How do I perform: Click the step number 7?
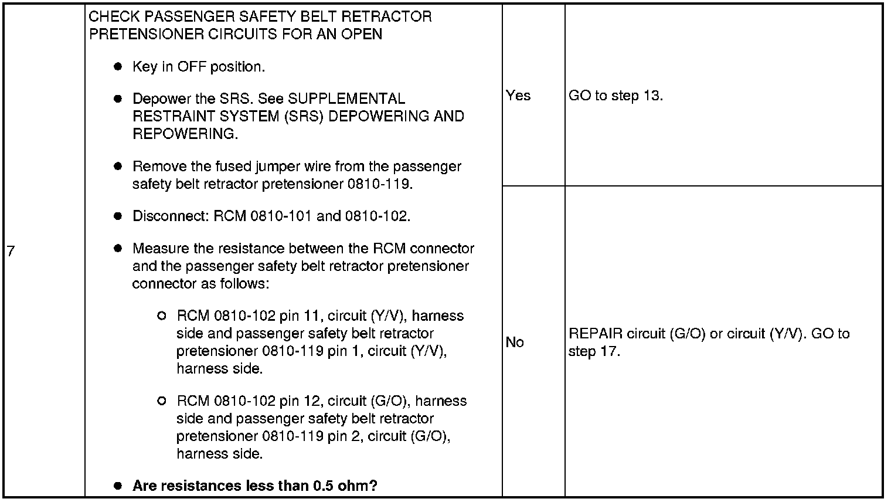[11, 252]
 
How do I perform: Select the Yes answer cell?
[518, 96]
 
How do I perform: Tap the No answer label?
[515, 342]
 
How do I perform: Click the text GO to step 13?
[615, 96]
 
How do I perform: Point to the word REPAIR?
[596, 334]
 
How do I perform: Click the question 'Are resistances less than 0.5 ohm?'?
[254, 486]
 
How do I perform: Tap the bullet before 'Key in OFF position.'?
[118, 67]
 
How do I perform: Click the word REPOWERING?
[185, 134]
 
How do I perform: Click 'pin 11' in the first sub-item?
[301, 316]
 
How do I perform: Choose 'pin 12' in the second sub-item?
[301, 401]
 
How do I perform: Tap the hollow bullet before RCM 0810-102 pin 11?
[162, 316]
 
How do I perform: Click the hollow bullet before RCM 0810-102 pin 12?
[162, 401]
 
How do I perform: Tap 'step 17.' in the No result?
[594, 351]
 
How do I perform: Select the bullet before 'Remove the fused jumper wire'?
[118, 166]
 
